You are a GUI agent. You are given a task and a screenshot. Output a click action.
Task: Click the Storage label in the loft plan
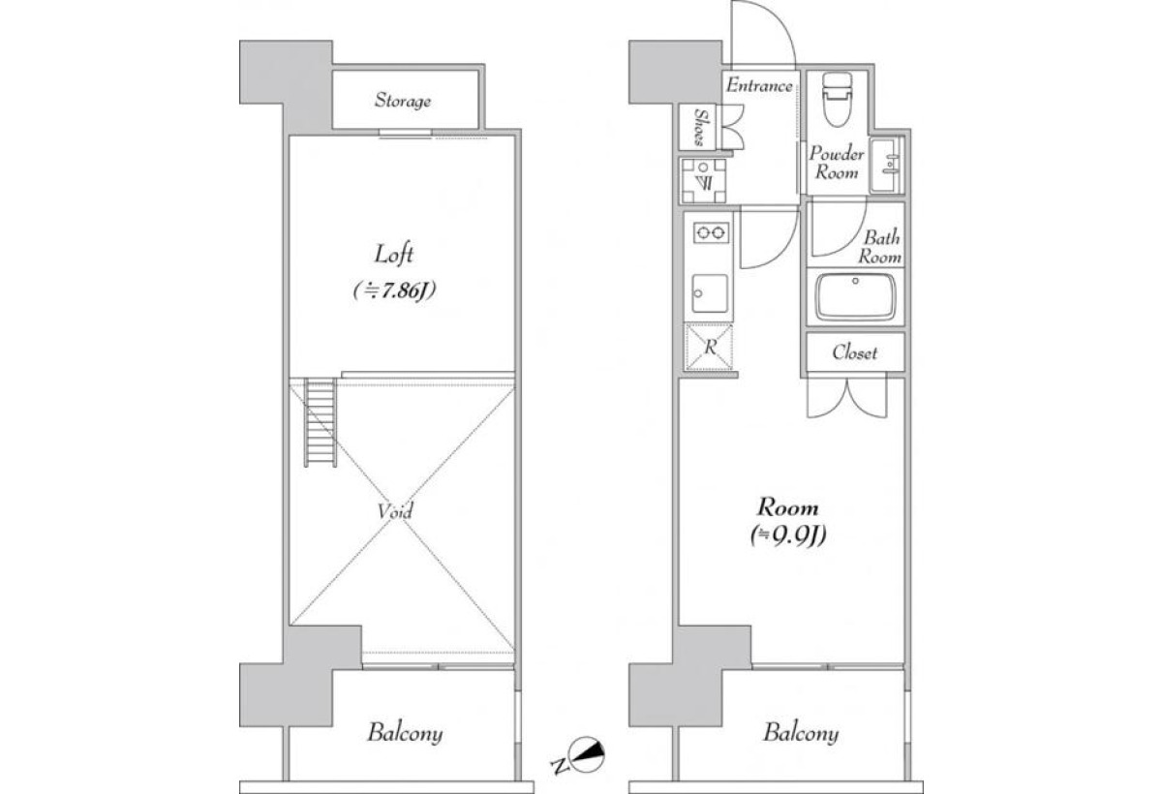tap(403, 100)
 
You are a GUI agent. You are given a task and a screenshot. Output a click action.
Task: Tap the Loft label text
tap(394, 254)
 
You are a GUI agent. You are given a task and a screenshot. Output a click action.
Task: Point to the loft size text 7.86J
tap(394, 290)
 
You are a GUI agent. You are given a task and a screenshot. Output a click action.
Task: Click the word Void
tap(395, 511)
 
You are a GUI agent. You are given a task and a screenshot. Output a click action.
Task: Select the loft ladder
tap(321, 422)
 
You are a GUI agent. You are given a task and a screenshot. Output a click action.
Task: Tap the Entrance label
tap(759, 85)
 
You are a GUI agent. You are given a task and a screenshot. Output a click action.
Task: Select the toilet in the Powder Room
tap(838, 99)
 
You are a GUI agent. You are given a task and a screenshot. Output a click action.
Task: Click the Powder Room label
tap(837, 163)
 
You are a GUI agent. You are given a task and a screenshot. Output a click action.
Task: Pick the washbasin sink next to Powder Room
tap(887, 166)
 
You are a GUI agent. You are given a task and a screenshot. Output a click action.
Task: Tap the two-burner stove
tap(711, 232)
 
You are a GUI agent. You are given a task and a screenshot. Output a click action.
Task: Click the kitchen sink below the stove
tap(710, 293)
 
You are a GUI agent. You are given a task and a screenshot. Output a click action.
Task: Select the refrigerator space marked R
tap(709, 347)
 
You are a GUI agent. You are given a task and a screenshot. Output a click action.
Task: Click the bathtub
tap(855, 296)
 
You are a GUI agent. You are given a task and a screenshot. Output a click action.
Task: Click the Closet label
tap(854, 352)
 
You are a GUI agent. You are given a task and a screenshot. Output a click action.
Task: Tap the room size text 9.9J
tap(788, 536)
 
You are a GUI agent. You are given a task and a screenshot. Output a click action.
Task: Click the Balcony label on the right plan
tap(801, 733)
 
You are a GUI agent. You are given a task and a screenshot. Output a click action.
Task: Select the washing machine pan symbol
tap(703, 181)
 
